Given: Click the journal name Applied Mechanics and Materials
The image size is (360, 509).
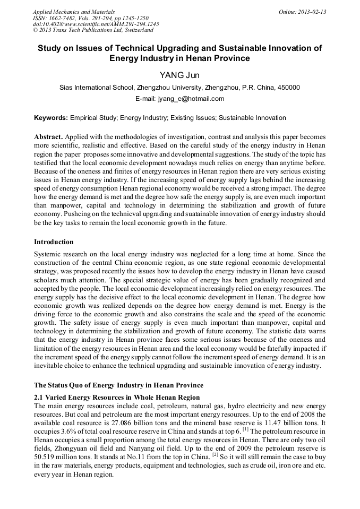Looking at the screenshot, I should (x=74, y=12).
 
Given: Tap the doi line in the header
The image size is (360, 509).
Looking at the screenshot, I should (x=96, y=24).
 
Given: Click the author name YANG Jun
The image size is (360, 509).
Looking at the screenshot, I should (x=179, y=75).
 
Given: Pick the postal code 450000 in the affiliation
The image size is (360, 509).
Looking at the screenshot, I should (x=288, y=88).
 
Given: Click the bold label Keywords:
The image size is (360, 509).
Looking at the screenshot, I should (x=50, y=118).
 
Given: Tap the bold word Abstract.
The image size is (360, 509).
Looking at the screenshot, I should (x=49, y=136).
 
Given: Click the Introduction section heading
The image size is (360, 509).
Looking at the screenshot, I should (x=54, y=241).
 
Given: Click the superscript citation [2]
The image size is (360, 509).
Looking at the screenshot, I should (x=215, y=455).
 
